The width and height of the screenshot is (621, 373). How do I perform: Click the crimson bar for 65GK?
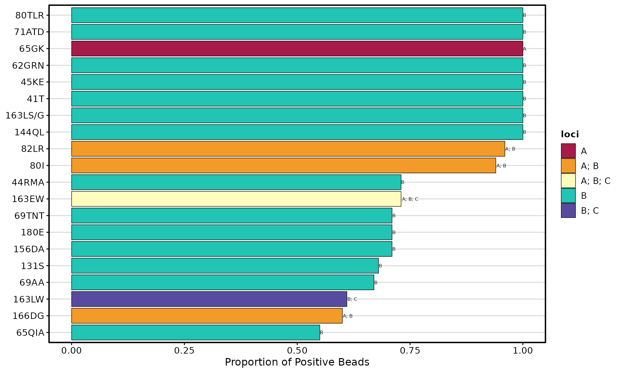pos(297,49)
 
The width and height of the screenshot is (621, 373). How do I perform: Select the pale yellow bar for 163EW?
pos(236,199)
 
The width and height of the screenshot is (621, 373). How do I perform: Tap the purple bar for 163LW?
pos(209,299)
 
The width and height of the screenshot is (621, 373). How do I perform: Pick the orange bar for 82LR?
pos(288,149)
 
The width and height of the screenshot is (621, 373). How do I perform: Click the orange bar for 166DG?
pos(207,316)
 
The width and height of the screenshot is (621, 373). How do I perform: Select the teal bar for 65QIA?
pos(195,333)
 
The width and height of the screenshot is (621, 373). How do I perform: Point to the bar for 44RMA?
pos(236,182)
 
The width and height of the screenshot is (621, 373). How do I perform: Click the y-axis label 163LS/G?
pos(25,116)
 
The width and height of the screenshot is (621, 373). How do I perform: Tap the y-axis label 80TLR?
pos(30,15)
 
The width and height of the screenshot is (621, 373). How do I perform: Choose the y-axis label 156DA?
pos(29,249)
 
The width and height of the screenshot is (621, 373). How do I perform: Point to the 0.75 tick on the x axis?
pos(410,351)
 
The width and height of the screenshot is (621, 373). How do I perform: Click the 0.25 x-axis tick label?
pos(184,351)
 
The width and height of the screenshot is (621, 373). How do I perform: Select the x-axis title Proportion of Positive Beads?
pos(297,362)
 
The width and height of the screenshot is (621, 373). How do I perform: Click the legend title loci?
pos(570,134)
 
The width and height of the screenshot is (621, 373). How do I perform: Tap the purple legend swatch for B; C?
pos(568,210)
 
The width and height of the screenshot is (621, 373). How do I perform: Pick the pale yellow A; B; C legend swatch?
pos(568,181)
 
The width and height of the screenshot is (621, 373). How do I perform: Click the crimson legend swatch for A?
pos(568,151)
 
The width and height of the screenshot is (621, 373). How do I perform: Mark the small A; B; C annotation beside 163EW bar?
pos(410,199)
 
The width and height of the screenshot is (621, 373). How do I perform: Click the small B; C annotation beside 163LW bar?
pos(352,299)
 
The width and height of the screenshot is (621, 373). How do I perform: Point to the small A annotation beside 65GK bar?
pos(525,49)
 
